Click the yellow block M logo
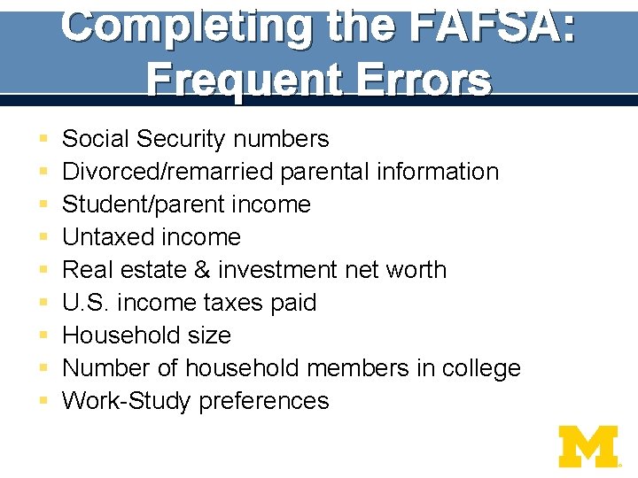588,446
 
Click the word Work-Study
127,401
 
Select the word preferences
263,401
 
